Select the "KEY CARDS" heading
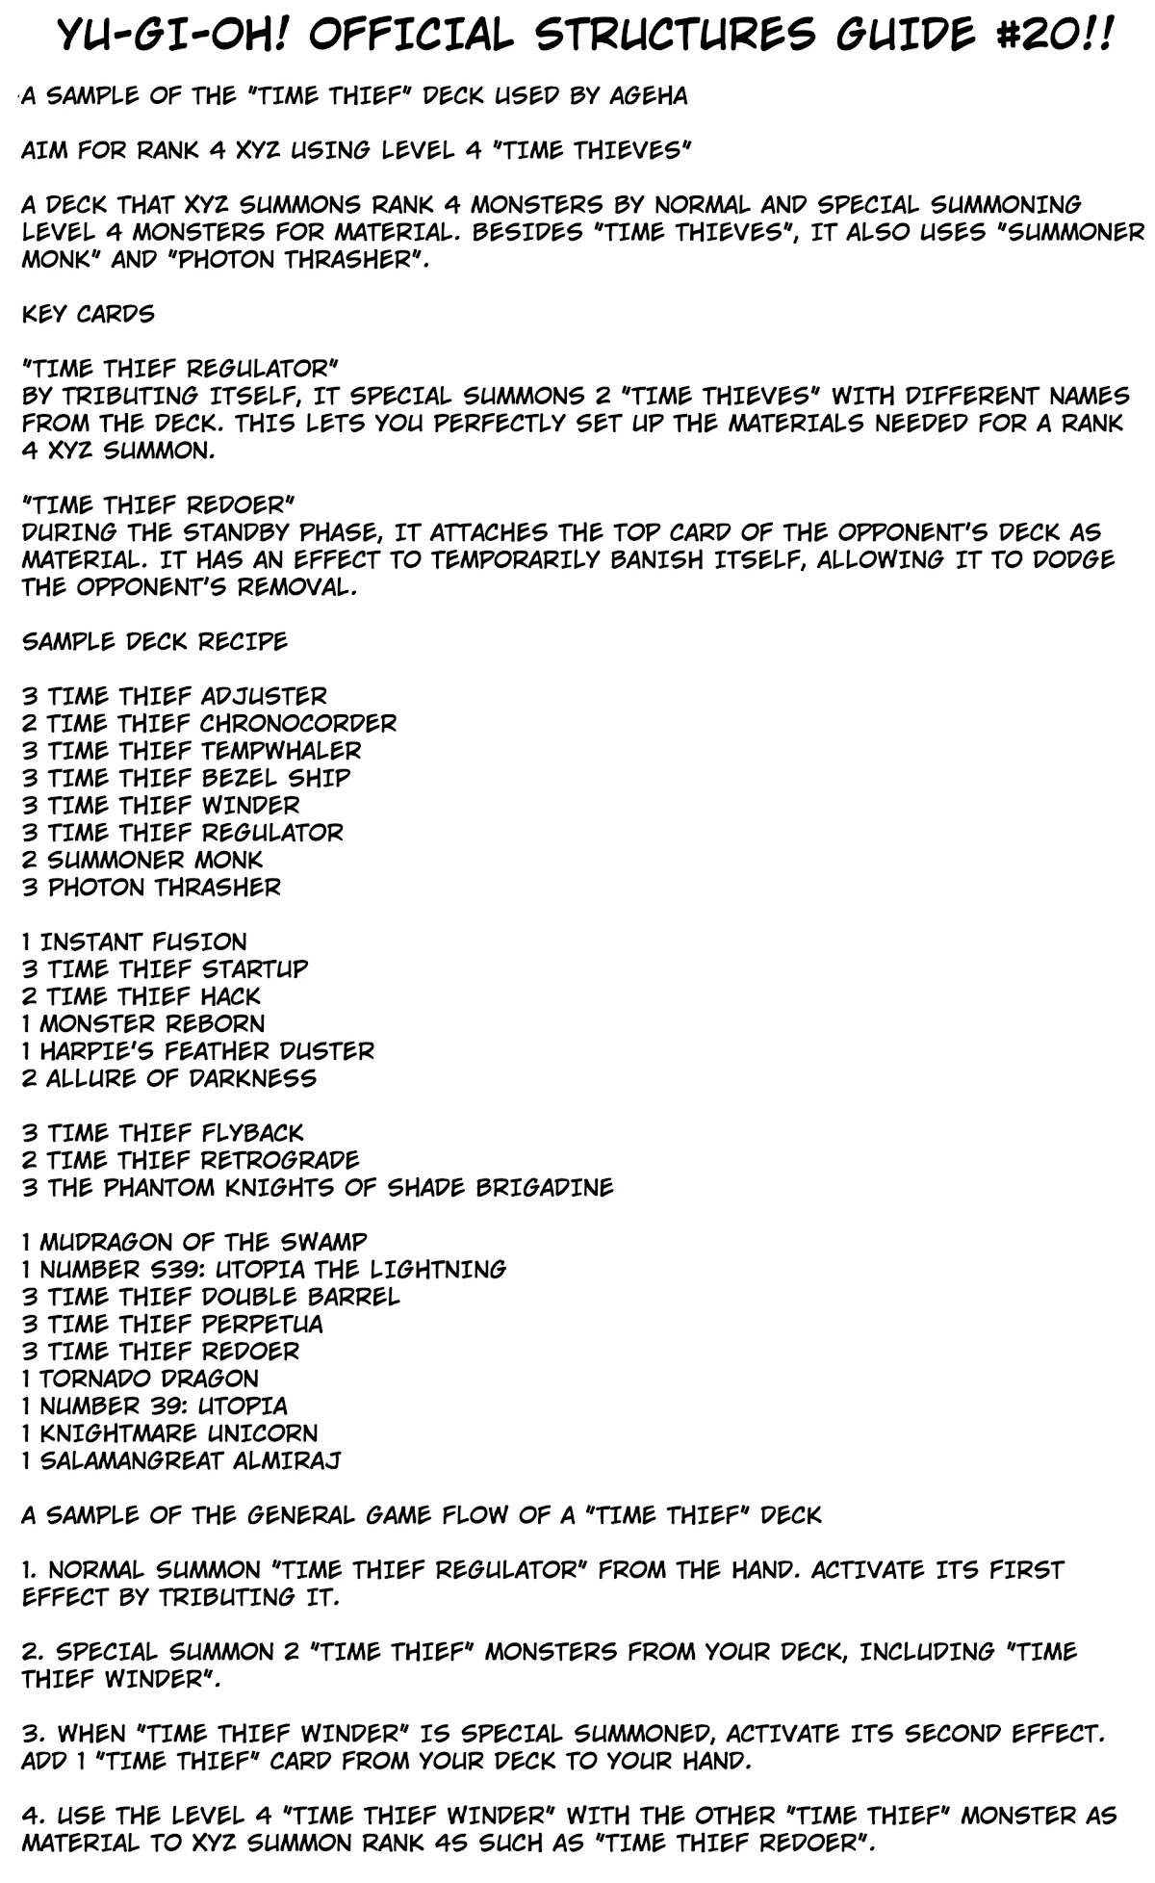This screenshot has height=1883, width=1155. point(88,314)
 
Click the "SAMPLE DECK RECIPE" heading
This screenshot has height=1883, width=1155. point(154,641)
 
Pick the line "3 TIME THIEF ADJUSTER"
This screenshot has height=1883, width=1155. point(174,696)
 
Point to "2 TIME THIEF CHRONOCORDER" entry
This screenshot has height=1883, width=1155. point(209,723)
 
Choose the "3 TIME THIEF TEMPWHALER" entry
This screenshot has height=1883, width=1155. point(192,750)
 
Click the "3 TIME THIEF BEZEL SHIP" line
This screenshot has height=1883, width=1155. point(186,777)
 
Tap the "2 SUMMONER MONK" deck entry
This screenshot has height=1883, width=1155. point(142,859)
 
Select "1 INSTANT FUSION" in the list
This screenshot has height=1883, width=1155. point(134,941)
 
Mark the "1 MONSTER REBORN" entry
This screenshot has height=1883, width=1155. point(142,1023)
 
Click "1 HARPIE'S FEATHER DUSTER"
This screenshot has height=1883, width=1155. point(198,1050)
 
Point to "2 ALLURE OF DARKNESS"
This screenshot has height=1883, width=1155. point(169,1077)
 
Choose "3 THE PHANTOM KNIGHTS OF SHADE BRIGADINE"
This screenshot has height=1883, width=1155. point(318,1187)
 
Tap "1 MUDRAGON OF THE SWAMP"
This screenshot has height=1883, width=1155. point(194,1242)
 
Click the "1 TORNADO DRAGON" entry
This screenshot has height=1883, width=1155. point(141,1379)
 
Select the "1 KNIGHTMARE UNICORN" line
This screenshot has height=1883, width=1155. point(169,1433)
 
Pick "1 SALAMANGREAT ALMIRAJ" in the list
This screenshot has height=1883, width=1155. point(181,1460)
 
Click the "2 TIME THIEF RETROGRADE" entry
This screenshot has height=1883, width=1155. point(191,1159)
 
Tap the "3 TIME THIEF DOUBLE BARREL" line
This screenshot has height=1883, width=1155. point(211,1297)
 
